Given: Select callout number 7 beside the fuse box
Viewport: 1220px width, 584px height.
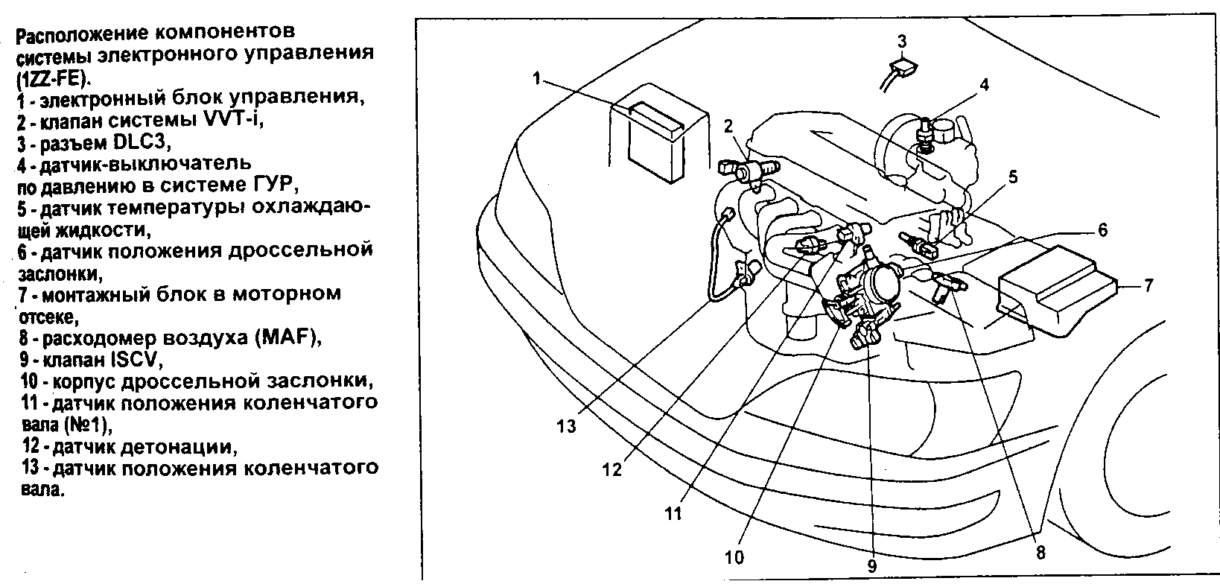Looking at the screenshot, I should click(x=1148, y=285).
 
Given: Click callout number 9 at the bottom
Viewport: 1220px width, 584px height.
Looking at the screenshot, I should click(x=871, y=565).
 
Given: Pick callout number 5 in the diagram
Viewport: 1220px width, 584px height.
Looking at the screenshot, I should click(x=1013, y=177).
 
